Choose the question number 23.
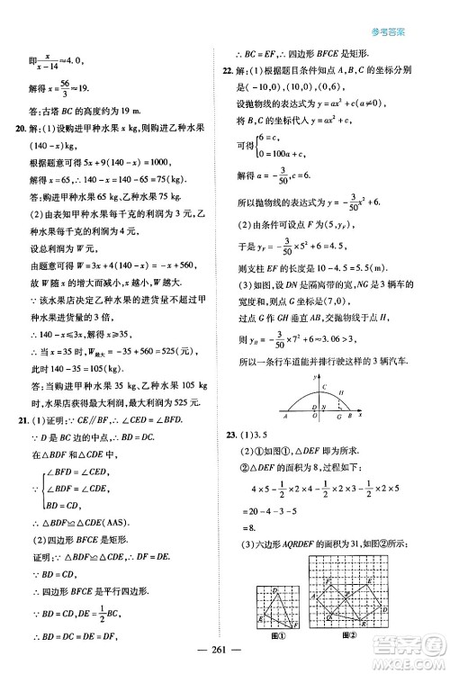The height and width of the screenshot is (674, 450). coord(232,436)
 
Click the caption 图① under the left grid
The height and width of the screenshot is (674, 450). coord(266,636)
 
